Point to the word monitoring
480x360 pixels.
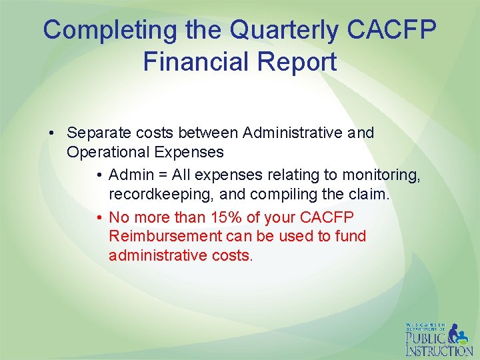coord(381,175)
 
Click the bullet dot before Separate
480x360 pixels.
coord(52,133)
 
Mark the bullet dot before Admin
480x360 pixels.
coord(98,176)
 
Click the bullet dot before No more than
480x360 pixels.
coord(98,218)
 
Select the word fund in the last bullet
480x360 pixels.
coord(350,236)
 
